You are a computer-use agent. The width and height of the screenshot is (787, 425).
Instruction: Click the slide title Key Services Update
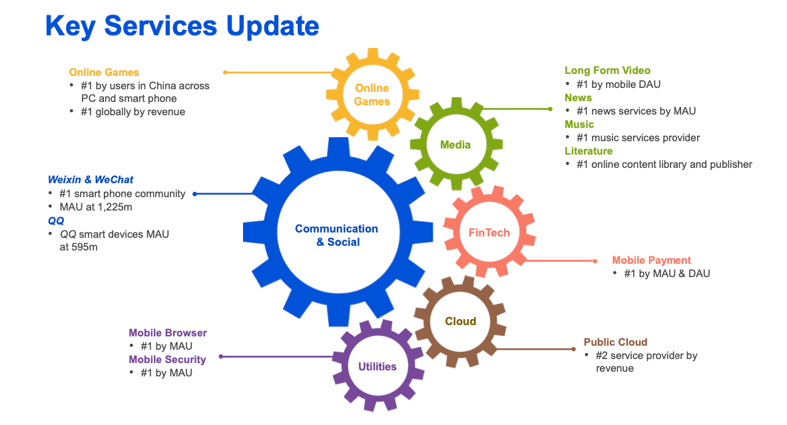click(x=182, y=26)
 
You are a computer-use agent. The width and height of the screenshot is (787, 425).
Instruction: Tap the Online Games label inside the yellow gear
click(x=372, y=95)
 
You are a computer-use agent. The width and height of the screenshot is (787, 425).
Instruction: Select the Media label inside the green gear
click(x=455, y=145)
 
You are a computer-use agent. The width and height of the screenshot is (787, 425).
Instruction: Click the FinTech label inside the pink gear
click(x=489, y=232)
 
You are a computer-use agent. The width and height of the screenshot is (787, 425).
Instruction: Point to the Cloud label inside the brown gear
click(x=461, y=321)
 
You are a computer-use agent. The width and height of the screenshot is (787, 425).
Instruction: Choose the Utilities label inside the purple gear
click(x=378, y=366)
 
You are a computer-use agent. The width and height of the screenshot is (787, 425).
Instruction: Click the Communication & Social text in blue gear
click(x=336, y=235)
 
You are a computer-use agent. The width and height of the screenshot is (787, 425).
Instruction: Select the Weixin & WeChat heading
click(x=91, y=180)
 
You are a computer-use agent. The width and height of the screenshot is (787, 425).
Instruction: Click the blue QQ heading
click(x=56, y=220)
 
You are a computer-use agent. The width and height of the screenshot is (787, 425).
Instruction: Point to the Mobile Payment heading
click(x=651, y=260)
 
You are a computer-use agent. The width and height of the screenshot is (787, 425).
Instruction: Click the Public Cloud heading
click(x=615, y=342)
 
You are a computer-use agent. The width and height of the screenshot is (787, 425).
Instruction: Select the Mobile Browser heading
click(x=168, y=333)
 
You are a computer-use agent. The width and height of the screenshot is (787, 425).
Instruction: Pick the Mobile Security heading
click(x=167, y=360)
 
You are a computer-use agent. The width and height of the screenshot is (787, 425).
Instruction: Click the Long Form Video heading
click(x=607, y=71)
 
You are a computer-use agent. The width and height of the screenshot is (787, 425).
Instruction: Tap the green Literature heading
click(x=589, y=151)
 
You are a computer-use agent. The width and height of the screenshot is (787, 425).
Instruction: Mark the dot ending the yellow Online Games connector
click(x=226, y=72)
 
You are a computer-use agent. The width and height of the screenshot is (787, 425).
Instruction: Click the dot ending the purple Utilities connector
click(x=221, y=356)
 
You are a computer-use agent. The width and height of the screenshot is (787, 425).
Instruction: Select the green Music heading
click(x=579, y=125)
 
